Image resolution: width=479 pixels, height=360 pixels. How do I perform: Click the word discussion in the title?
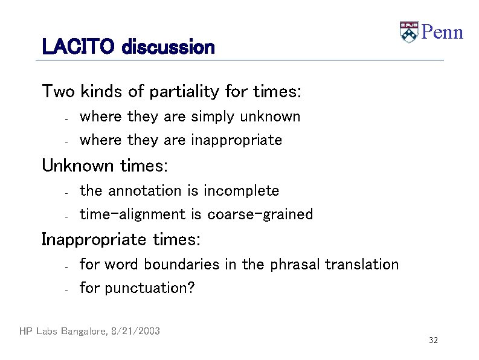click(x=168, y=47)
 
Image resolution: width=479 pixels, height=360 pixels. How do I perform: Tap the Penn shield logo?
click(x=409, y=32)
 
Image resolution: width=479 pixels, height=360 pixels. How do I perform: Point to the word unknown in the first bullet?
click(x=269, y=116)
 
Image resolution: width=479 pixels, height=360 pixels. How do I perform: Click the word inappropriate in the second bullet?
click(x=236, y=140)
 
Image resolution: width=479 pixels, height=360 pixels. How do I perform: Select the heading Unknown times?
click(x=104, y=165)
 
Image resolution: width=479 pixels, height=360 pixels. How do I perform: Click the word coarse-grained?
click(x=260, y=214)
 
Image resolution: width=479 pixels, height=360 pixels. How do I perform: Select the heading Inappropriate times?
click(x=121, y=240)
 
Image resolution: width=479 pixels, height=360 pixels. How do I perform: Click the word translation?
click(x=361, y=265)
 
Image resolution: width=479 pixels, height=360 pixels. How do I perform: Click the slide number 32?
click(x=433, y=341)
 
